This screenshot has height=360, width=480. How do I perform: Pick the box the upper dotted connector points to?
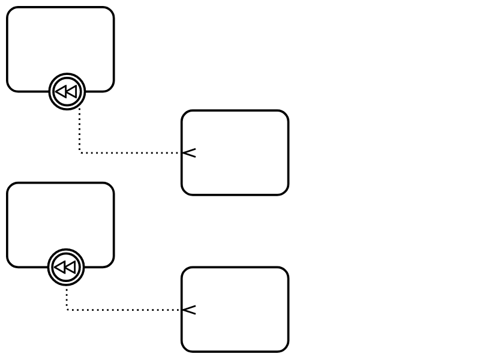click(x=235, y=152)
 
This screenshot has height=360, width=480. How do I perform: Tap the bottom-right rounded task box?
click(x=235, y=310)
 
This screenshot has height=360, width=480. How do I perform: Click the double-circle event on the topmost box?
click(x=67, y=92)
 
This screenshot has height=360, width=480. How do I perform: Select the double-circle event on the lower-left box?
click(x=66, y=267)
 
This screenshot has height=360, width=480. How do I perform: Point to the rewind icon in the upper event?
click(x=67, y=92)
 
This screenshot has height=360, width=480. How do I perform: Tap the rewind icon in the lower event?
click(x=66, y=267)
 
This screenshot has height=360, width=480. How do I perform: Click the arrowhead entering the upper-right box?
click(x=188, y=153)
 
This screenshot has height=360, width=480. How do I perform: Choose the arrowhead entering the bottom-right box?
click(x=188, y=310)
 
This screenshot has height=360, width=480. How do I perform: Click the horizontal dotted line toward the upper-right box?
click(x=129, y=153)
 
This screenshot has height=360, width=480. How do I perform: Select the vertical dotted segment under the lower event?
click(x=67, y=298)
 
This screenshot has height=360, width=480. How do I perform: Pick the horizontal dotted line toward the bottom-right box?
click(x=123, y=310)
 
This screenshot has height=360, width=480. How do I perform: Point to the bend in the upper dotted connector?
click(x=80, y=153)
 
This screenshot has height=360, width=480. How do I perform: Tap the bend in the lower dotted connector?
click(x=67, y=310)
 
